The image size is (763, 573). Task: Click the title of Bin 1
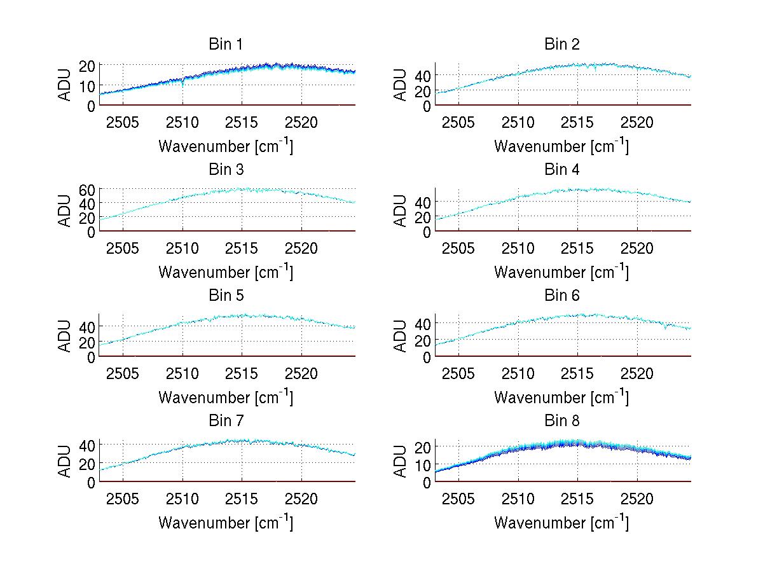(x=226, y=45)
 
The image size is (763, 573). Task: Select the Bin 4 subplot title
(x=562, y=170)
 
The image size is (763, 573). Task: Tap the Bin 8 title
(x=562, y=421)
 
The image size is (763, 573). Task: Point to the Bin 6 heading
(x=562, y=296)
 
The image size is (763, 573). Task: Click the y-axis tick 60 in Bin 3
(x=87, y=190)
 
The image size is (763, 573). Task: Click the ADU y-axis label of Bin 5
(x=65, y=336)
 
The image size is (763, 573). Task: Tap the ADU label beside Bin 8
(x=401, y=462)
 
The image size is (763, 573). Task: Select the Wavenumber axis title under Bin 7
(x=226, y=523)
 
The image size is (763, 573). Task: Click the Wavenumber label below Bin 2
(x=562, y=146)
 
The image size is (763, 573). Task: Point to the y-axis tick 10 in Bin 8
(x=423, y=465)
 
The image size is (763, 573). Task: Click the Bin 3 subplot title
(x=226, y=170)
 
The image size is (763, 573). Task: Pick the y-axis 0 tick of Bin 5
(x=91, y=357)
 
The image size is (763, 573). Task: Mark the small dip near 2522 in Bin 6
(x=665, y=327)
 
